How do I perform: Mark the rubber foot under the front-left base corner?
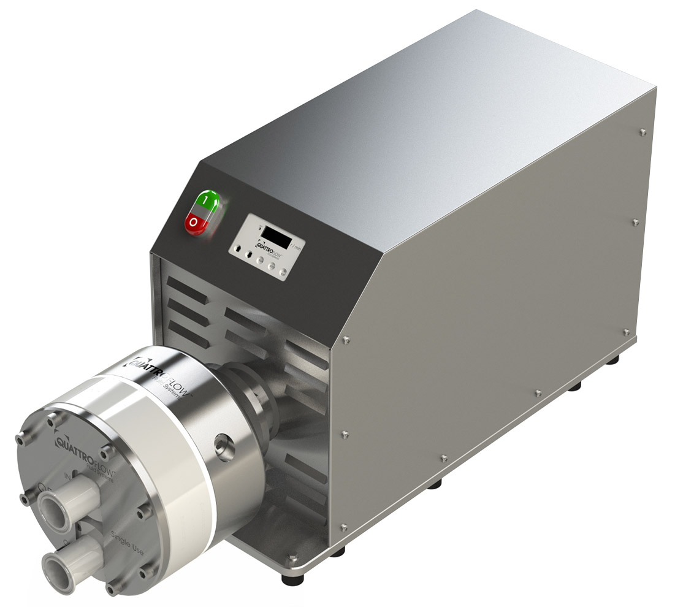(288, 579)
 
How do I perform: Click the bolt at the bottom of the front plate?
(111, 588)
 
